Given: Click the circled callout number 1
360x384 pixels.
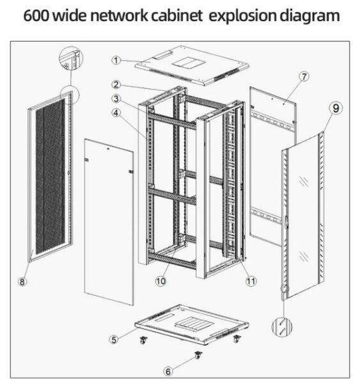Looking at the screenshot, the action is (x=116, y=60).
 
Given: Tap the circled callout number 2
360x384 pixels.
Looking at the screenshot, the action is (x=116, y=84).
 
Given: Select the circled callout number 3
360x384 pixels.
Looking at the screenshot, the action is (x=116, y=99).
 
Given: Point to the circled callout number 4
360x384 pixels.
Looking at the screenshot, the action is (x=116, y=113).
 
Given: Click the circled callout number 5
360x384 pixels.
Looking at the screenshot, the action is (x=114, y=340).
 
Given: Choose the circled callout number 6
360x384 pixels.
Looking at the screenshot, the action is (x=168, y=371).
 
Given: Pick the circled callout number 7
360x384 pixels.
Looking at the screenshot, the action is (x=304, y=77).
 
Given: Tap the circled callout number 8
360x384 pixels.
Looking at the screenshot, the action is (x=22, y=282).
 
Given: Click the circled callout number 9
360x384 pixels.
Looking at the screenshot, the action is (x=336, y=108).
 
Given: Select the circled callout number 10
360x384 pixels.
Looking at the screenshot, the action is (x=160, y=281).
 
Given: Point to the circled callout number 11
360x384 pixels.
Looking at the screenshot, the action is (x=251, y=281).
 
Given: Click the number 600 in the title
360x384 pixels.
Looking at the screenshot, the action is (x=36, y=15).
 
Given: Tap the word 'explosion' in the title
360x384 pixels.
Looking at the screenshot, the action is (x=242, y=16).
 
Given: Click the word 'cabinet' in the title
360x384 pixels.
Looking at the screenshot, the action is (x=176, y=15).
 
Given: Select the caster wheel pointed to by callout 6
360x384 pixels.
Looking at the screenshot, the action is (x=198, y=355).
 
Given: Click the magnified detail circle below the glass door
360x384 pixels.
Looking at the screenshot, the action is (x=282, y=328).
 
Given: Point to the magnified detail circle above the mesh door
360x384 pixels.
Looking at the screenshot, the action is (x=71, y=58).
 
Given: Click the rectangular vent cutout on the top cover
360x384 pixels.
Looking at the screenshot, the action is (x=188, y=63).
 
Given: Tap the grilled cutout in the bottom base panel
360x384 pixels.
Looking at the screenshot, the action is (x=194, y=324).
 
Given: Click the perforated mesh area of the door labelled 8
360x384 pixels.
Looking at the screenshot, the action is (x=51, y=176).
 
